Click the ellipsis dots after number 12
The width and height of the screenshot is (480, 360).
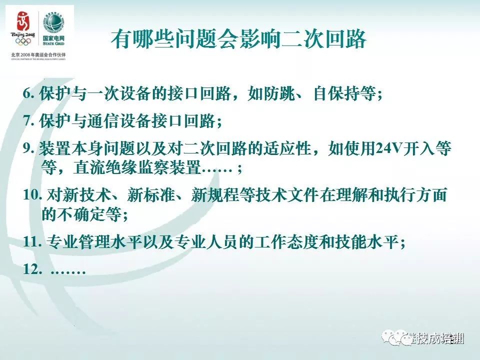[68, 270]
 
